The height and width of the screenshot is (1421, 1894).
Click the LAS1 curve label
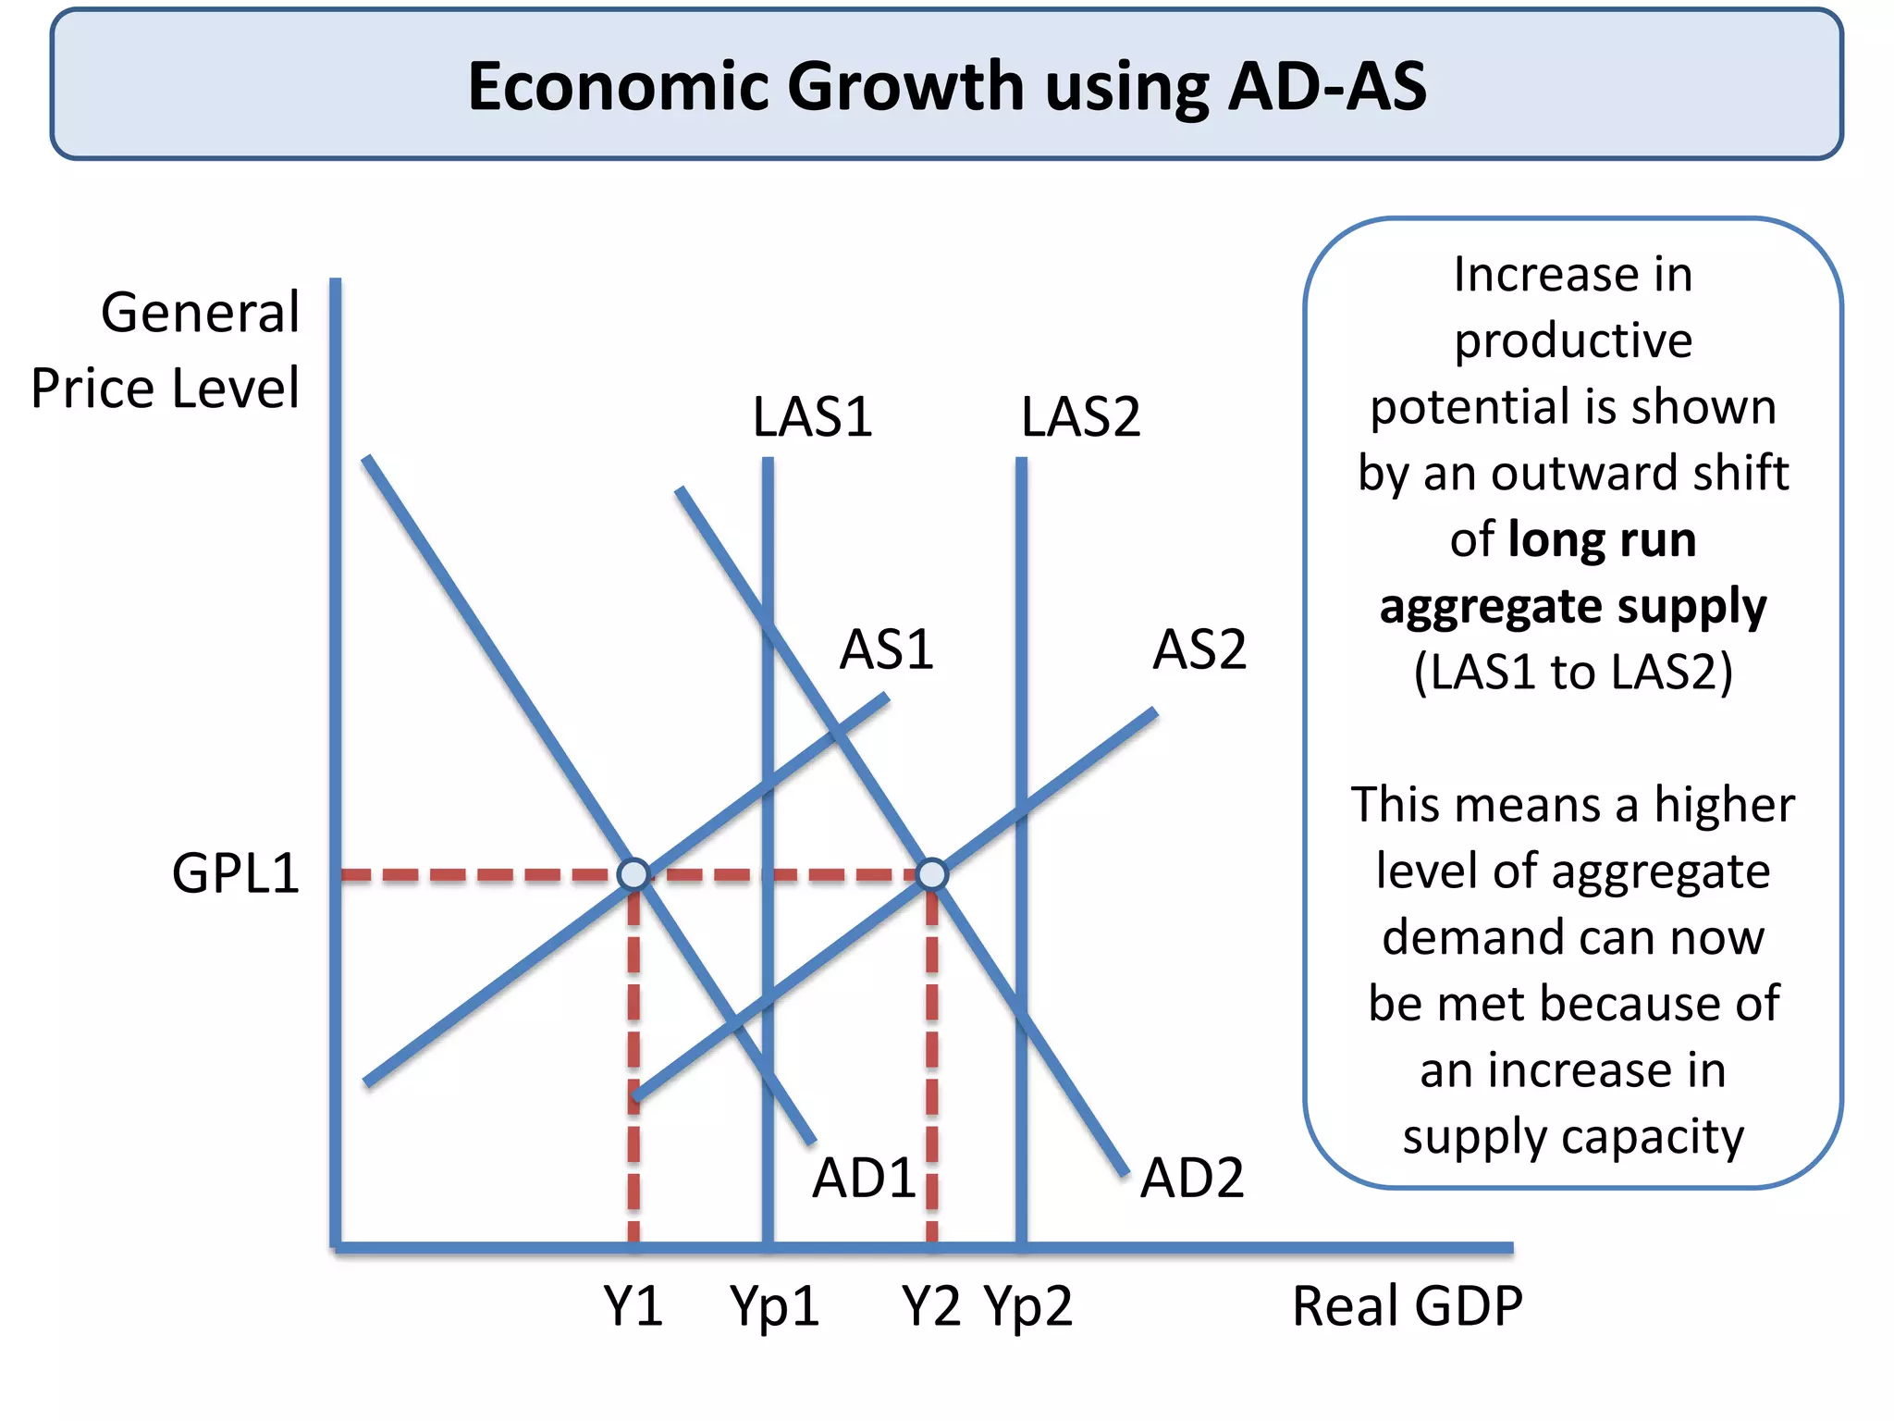(812, 417)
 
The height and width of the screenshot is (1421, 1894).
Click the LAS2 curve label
(1080, 417)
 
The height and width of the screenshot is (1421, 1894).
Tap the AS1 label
(886, 649)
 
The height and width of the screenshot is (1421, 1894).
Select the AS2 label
(1199, 649)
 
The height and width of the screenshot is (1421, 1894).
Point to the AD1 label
(864, 1179)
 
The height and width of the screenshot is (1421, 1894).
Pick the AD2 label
(1191, 1179)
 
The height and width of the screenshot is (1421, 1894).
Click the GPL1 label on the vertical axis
(236, 873)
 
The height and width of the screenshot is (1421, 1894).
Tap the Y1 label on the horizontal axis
(633, 1306)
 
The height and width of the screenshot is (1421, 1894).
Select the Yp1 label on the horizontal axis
(774, 1306)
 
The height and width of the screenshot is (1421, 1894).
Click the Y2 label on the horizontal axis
(931, 1306)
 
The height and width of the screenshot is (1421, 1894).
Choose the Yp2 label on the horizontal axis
(1027, 1306)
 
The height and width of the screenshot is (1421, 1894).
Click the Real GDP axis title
(1407, 1306)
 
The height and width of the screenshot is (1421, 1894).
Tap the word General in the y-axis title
(200, 313)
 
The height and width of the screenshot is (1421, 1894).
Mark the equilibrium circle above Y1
(633, 874)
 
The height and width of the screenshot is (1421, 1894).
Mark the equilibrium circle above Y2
(932, 874)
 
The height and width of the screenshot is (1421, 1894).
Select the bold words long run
(1602, 539)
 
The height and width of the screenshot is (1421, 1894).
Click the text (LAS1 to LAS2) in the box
(1572, 672)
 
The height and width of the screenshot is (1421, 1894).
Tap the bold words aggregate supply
(1572, 607)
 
